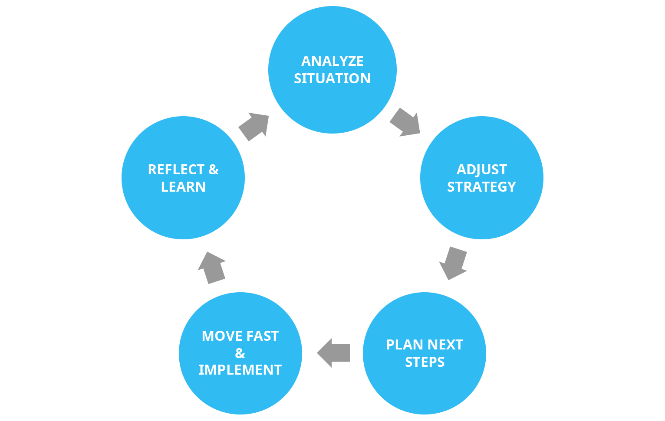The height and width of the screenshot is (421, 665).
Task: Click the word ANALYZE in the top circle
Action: coord(332,61)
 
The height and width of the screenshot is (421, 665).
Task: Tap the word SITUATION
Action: coord(332,78)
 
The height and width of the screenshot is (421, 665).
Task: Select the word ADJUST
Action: coord(481,170)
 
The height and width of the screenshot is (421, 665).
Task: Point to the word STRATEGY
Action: coord(481,187)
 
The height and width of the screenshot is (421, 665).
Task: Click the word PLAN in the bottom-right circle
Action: coord(402,345)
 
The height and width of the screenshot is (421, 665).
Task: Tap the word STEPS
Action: coord(425,362)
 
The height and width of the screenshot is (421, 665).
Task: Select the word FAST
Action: coord(262,336)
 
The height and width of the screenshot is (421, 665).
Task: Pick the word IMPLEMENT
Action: coord(240,370)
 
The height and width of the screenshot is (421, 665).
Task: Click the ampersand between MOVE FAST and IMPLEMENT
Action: coord(240,353)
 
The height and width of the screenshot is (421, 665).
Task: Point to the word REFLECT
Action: coord(176,170)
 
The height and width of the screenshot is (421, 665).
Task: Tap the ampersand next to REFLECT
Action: coord(214,170)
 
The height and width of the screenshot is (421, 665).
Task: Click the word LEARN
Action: coord(183,187)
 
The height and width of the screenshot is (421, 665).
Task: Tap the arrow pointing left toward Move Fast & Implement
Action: coord(334,353)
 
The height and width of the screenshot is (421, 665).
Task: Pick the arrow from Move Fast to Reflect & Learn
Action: coord(211,268)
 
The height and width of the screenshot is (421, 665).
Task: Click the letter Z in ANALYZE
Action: coord(348,61)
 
